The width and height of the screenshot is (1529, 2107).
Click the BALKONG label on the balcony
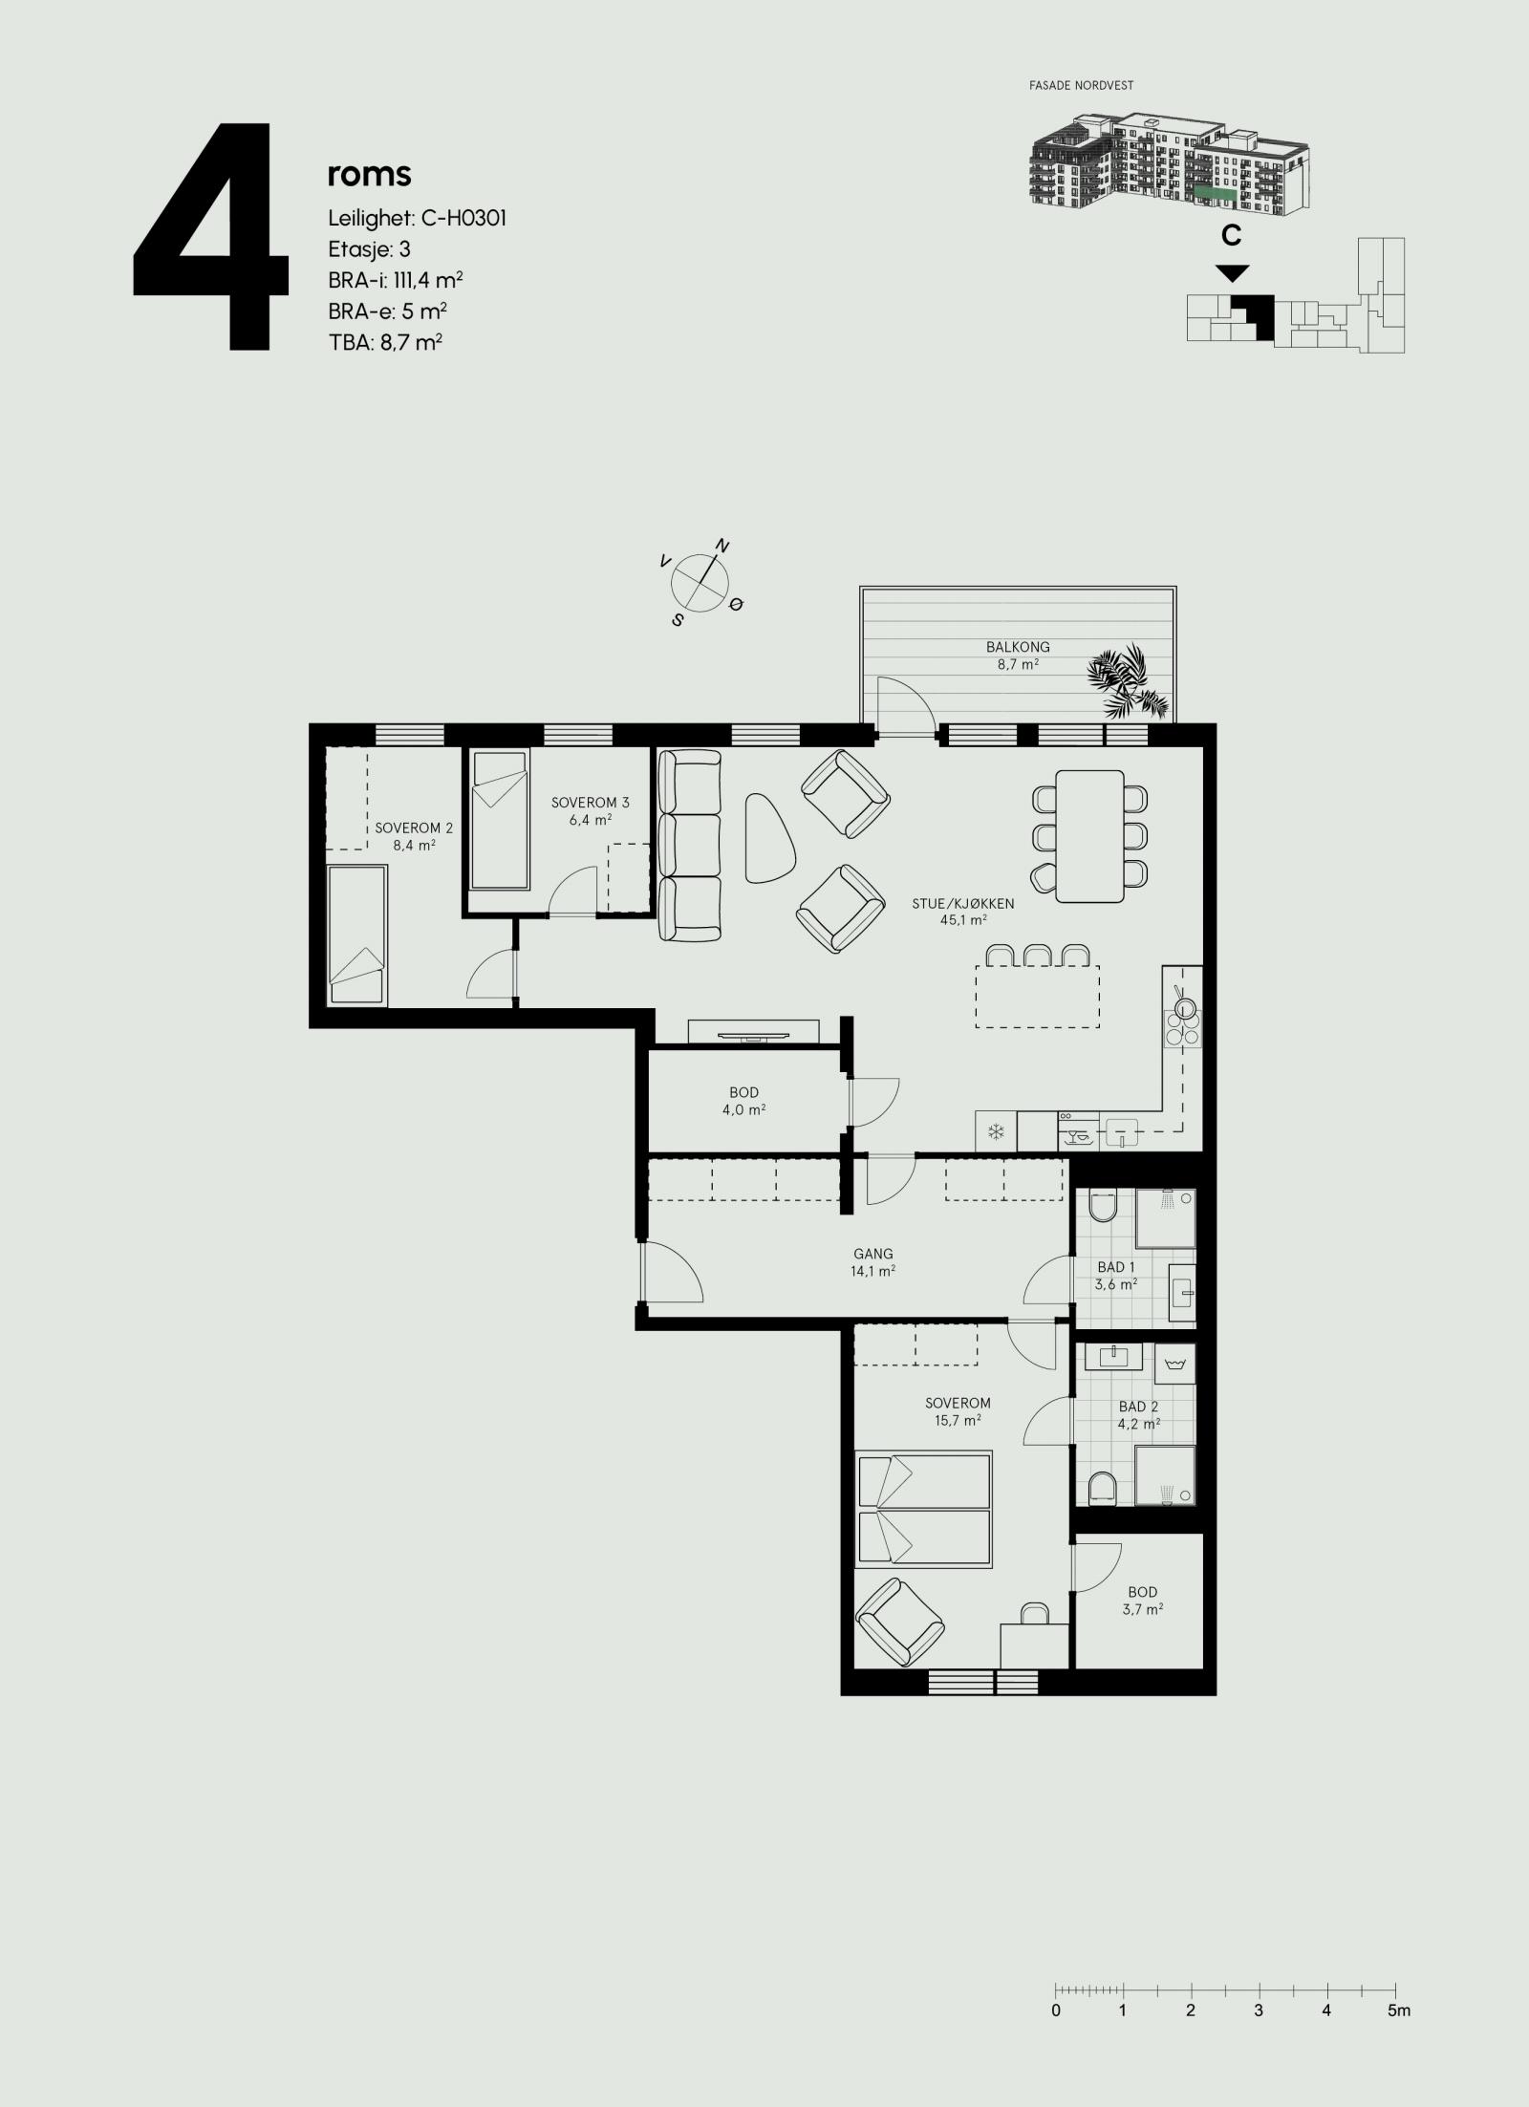click(x=1018, y=647)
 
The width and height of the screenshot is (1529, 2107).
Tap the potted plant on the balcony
click(x=1128, y=679)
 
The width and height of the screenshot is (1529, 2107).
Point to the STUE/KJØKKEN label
click(x=962, y=903)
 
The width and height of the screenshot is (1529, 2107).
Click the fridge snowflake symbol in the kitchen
click(x=996, y=1132)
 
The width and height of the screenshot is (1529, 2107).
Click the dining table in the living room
click(x=1089, y=835)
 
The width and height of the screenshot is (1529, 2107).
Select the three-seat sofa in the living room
click(x=689, y=846)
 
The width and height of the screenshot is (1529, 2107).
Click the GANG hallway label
click(x=873, y=1254)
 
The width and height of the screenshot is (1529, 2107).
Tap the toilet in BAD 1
click(x=1102, y=1207)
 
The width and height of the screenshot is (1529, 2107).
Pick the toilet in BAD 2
click(x=1102, y=1515)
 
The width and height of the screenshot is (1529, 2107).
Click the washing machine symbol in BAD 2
click(x=1175, y=1365)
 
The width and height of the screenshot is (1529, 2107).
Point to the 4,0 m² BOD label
click(x=743, y=1092)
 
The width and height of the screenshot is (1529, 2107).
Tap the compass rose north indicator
click(x=722, y=547)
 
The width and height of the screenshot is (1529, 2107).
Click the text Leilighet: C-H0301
click(x=417, y=219)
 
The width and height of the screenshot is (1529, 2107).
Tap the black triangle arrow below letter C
click(x=1233, y=273)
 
